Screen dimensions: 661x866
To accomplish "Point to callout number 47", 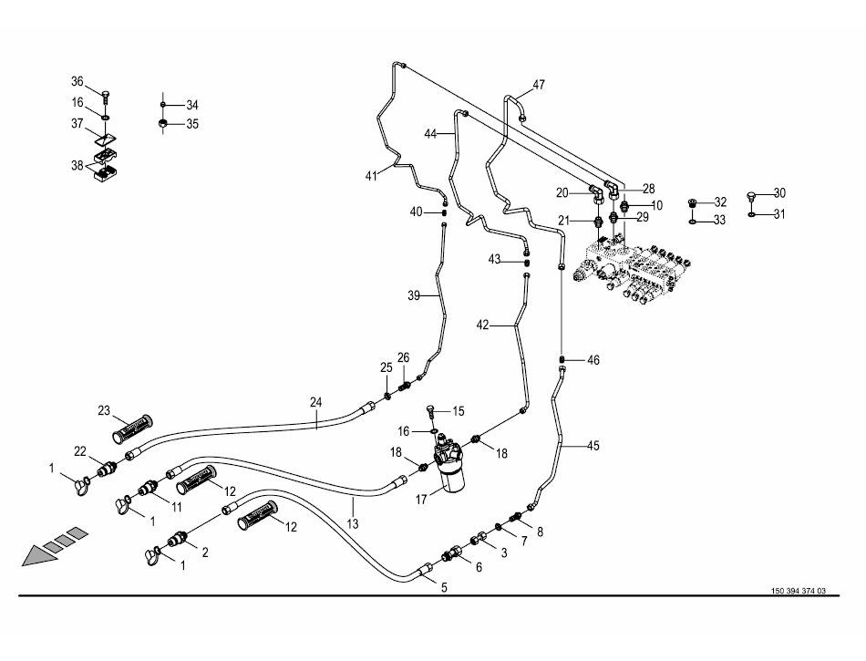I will pos(539,85).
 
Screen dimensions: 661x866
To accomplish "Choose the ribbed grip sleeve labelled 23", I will pos(134,426).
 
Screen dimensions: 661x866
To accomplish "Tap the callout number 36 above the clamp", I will pos(77,81).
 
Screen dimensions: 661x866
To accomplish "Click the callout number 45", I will pos(593,446).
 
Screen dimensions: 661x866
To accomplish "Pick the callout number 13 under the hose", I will pos(353,524).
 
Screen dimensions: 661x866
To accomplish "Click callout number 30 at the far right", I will pos(779,192).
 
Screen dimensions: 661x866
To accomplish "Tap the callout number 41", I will pos(371,175).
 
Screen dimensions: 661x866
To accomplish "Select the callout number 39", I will pos(413,296).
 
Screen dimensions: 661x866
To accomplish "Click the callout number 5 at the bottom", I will pos(444,588).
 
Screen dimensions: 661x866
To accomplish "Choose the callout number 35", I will pos(192,124).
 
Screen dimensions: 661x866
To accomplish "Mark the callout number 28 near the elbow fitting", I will pos(649,189).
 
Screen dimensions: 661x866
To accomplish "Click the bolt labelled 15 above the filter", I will pos(431,412).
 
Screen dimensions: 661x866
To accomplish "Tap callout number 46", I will pos(593,361).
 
